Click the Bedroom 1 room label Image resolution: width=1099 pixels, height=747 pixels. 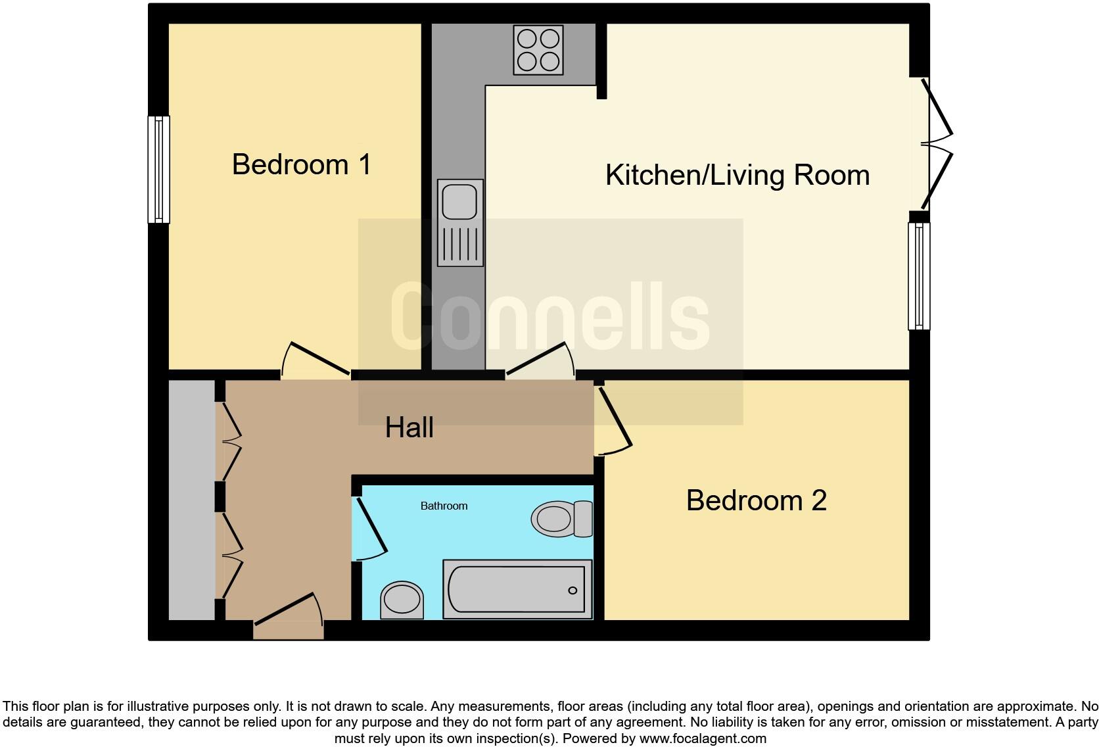[302, 164]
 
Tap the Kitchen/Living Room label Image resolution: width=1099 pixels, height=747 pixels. [737, 176]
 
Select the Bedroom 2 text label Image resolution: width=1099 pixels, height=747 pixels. [756, 501]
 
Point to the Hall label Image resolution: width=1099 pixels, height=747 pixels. [409, 428]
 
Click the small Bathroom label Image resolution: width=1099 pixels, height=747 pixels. [444, 506]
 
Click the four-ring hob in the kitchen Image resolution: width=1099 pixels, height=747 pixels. [538, 50]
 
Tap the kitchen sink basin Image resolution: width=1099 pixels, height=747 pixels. [459, 201]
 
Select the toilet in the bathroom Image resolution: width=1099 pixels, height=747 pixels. [561, 519]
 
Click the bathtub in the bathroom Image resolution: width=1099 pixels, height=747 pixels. [517, 589]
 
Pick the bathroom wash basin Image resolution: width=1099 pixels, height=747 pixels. [402, 600]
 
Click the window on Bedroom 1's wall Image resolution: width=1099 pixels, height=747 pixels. [158, 169]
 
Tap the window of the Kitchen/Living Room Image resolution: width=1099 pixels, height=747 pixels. [919, 276]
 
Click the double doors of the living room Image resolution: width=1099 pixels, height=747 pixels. [937, 144]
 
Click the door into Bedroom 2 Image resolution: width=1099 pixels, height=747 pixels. [613, 421]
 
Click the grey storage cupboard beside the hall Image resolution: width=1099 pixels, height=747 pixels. [191, 500]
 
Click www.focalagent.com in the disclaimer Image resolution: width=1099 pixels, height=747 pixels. [703, 738]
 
